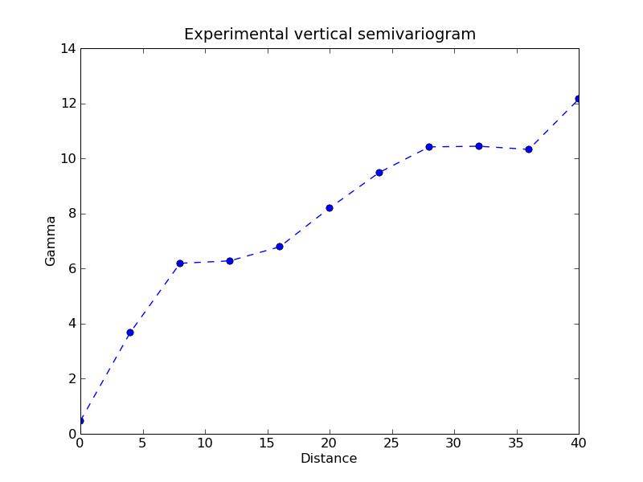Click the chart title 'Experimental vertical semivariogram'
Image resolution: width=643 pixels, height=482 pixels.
330,35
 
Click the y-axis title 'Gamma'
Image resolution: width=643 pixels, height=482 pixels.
51,241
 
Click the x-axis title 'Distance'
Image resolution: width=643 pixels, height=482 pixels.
329,459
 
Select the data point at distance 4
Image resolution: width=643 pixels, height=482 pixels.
130,333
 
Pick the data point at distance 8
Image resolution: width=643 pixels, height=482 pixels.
180,263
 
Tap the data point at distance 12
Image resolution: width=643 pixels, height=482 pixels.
230,261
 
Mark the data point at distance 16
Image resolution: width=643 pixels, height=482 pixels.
280,247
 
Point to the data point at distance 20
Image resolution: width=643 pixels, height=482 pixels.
330,208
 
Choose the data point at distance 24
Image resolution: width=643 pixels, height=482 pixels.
379,173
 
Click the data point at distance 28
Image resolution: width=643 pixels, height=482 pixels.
429,147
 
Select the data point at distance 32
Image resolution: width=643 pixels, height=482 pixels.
479,146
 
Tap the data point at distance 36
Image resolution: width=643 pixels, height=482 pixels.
529,149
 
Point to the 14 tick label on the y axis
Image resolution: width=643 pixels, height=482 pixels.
68,48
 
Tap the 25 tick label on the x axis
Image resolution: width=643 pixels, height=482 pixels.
391,443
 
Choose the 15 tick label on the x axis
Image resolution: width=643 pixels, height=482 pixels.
267,443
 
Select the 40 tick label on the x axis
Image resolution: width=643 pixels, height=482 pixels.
579,443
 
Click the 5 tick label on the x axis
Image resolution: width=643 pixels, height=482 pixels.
142,443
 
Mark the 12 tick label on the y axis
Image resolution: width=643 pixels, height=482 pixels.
68,104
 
